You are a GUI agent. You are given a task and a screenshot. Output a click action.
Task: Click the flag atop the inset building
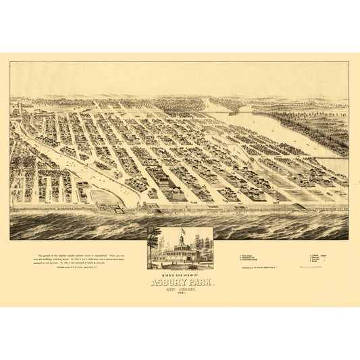(x=182, y=230)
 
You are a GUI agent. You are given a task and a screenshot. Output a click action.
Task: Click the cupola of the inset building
(x=181, y=239)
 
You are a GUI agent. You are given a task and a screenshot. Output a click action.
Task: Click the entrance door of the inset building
(x=180, y=259)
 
